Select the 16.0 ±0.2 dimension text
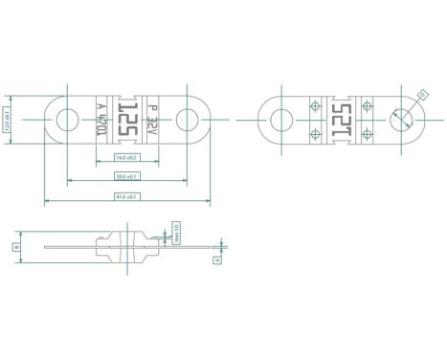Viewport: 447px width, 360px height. (126, 157)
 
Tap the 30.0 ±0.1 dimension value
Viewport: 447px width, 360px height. (126, 177)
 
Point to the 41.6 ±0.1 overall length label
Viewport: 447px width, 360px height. (126, 197)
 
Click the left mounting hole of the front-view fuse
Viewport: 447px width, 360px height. (67, 121)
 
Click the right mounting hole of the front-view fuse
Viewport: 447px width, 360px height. (189, 121)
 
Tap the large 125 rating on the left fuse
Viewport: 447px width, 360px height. (128, 121)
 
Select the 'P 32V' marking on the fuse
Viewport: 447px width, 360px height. (154, 121)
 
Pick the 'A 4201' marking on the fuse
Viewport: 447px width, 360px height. (102, 122)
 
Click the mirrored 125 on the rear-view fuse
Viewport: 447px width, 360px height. (342, 121)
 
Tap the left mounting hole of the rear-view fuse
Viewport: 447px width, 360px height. (280, 121)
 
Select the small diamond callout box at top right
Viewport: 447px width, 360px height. (422, 93)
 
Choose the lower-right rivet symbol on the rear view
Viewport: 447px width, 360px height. (368, 136)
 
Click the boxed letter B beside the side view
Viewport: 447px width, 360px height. (16, 246)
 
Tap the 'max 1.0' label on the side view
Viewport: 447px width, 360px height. (176, 231)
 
